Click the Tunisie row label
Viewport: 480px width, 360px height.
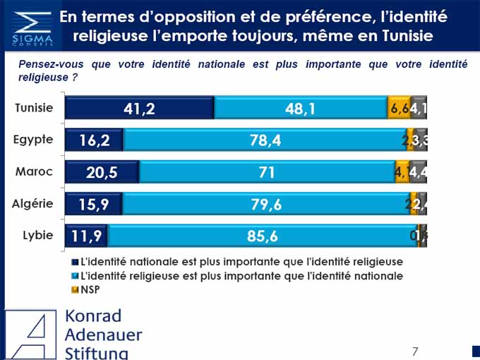34,108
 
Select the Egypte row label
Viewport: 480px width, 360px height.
33,140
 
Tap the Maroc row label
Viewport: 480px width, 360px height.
34,172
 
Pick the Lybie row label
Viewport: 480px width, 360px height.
35,235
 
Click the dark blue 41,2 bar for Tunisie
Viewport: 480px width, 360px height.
139,108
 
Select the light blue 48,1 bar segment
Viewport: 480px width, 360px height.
300,108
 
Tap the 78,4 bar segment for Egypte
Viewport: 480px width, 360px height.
265,140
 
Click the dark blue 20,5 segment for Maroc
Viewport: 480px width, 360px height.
102,172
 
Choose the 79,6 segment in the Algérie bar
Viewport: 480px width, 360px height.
266,204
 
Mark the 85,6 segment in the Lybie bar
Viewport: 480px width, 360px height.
262,236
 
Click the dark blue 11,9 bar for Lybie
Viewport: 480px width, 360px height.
86,236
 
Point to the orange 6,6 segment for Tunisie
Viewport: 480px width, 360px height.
399,108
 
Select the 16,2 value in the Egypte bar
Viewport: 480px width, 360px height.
94,140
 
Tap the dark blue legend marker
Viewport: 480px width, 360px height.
76,262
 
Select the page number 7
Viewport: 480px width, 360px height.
415,351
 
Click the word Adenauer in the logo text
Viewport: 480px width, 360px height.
103,335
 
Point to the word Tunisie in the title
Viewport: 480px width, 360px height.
404,35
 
